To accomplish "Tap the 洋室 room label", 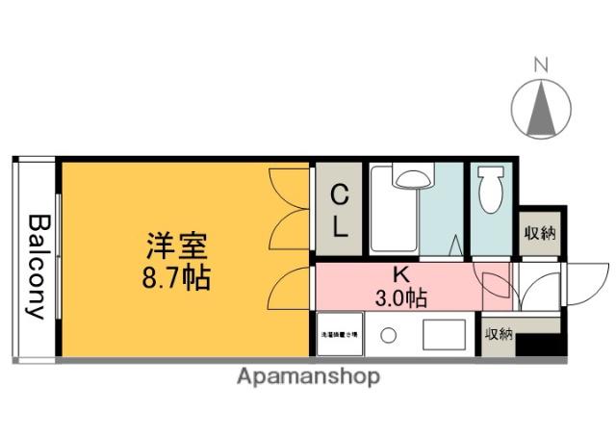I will pos(177,247).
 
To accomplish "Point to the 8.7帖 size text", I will pos(177,280).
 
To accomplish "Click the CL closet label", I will pos(340,213).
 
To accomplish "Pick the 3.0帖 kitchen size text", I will pos(401,296).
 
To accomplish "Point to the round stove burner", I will pos(388,335).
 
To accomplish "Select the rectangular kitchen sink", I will pos(444,334).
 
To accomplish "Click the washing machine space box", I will pos(339,334).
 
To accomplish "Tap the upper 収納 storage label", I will pos(540,234).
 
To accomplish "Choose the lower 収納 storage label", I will pos(500,334).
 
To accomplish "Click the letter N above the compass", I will pos(541,65).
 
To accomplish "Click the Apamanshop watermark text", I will pos(308,375).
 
